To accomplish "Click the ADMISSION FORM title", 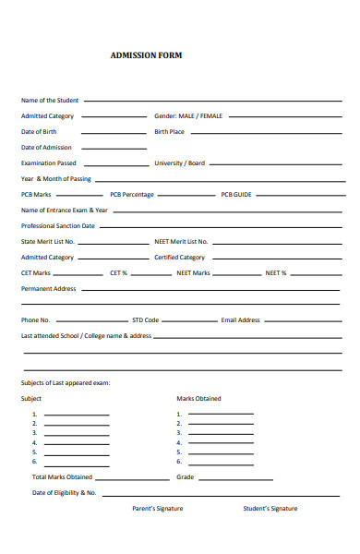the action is pyautogui.click(x=146, y=55).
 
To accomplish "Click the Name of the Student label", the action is pyautogui.click(x=50, y=100).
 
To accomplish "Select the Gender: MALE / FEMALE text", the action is pyautogui.click(x=188, y=116).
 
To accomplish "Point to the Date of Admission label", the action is pyautogui.click(x=46, y=148).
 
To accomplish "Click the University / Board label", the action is pyautogui.click(x=179, y=163).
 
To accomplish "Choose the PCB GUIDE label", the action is pyautogui.click(x=236, y=195).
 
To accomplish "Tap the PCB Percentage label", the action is pyautogui.click(x=132, y=195).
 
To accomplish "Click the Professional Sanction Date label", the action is pyautogui.click(x=58, y=225).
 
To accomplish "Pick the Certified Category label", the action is pyautogui.click(x=179, y=258).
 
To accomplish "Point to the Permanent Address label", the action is pyautogui.click(x=48, y=289).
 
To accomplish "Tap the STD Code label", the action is pyautogui.click(x=146, y=320).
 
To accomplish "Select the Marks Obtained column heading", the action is pyautogui.click(x=198, y=399).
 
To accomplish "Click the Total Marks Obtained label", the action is pyautogui.click(x=63, y=477).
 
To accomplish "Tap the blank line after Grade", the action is pyautogui.click(x=236, y=479).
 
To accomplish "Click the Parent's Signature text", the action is pyautogui.click(x=157, y=509).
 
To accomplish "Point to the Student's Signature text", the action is pyautogui.click(x=270, y=509).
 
